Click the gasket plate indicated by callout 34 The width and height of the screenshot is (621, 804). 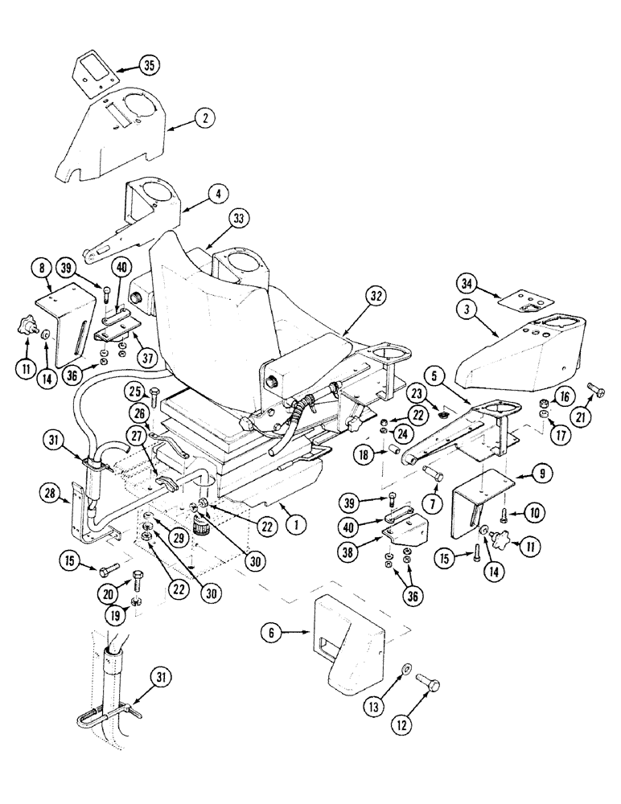(x=522, y=304)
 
